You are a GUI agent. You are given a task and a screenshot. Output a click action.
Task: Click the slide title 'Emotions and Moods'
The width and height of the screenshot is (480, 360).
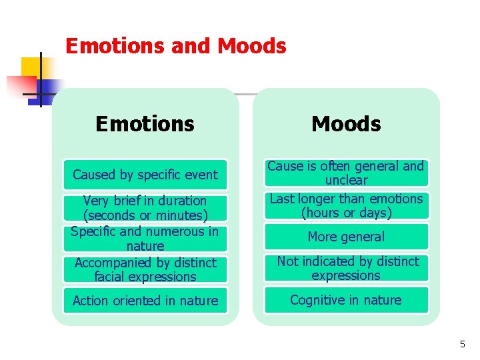point(176,46)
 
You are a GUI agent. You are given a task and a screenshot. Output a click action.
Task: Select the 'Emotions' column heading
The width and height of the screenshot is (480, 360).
point(145,124)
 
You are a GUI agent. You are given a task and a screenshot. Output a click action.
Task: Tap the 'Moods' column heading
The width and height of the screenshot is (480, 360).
point(346,124)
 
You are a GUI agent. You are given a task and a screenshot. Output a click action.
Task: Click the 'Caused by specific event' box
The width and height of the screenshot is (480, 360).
point(145,175)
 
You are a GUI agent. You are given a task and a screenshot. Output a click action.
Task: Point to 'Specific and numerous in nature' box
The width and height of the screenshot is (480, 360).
point(145,239)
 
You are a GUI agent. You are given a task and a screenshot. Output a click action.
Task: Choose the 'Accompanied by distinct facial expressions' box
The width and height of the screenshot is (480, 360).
point(145,269)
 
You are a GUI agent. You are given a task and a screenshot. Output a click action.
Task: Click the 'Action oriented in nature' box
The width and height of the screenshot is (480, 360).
point(145,301)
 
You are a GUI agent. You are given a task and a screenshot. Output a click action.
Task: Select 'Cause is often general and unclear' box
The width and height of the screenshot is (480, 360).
point(346,173)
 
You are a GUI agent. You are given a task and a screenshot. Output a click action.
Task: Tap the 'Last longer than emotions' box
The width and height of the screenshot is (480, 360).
point(346,205)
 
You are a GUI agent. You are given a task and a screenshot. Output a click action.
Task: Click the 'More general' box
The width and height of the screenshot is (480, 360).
point(346,237)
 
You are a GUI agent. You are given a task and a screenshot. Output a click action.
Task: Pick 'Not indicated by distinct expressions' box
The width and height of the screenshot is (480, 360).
point(346,268)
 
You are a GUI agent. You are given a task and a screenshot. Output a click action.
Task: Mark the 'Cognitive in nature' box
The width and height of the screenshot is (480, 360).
point(346,300)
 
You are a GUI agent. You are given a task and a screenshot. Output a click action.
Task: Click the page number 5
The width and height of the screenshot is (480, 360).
point(462,345)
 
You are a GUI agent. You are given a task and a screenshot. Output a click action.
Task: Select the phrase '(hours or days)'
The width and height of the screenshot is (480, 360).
point(346,213)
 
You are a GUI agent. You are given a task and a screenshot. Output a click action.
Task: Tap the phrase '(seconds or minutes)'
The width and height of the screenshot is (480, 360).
point(145,216)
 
